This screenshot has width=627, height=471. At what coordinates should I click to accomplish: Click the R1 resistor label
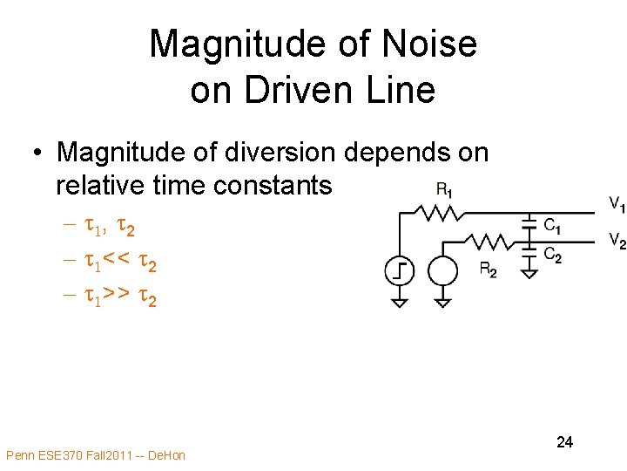click(x=443, y=191)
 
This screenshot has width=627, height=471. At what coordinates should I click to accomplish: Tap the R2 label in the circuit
click(x=489, y=270)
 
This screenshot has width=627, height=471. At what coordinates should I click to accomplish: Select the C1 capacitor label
click(x=552, y=226)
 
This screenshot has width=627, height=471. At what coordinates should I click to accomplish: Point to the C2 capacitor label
click(x=552, y=256)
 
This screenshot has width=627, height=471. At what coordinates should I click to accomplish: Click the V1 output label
click(x=617, y=206)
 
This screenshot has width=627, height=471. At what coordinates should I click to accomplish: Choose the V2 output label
click(x=617, y=241)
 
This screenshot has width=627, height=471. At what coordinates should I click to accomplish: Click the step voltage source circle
click(x=399, y=272)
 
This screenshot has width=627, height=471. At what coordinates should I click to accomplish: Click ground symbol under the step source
click(x=399, y=302)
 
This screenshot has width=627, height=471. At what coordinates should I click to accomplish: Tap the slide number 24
click(x=564, y=442)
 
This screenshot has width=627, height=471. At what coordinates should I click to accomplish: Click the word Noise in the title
click(x=433, y=44)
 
